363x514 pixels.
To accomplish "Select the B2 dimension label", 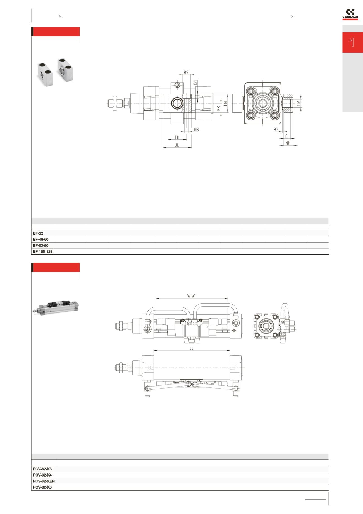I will coord(186,73).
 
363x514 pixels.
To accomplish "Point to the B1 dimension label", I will coord(195,82).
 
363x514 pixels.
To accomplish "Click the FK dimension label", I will coord(219,108).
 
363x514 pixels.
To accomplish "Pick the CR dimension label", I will coord(299,103).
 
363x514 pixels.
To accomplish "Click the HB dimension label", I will coord(196,130).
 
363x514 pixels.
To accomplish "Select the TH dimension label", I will coord(177,137).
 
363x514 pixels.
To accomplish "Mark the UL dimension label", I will coord(176,145).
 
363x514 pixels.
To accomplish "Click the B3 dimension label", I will coord(276,130).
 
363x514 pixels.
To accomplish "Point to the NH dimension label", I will coord(288,143).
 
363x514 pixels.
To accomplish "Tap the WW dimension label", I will coord(191,296).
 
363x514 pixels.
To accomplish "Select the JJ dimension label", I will coord(192,349).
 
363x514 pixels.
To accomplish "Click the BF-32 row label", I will coord(38,233).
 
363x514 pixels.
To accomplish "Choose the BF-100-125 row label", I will coord(43,252).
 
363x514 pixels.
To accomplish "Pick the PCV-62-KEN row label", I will coord(44,481).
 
